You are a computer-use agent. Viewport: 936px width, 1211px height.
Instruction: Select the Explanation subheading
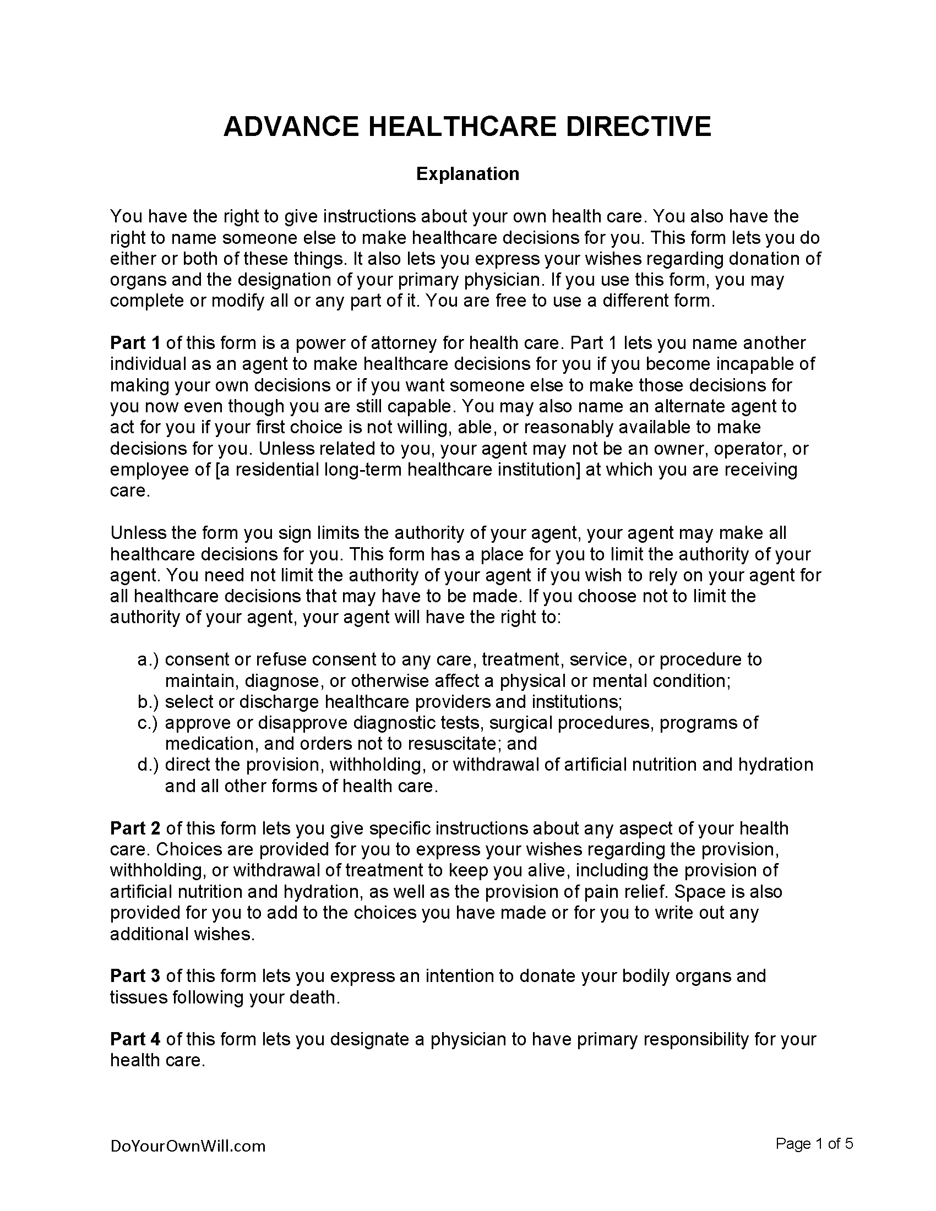[x=467, y=174]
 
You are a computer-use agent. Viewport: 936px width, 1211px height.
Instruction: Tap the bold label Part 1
[x=135, y=343]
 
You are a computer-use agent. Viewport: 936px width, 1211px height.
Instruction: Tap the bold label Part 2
[x=135, y=828]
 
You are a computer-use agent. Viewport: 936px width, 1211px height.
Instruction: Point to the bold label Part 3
[x=135, y=976]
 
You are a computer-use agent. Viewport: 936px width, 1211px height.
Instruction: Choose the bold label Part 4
[x=135, y=1039]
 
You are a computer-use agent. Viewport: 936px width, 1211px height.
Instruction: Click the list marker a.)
[x=148, y=660]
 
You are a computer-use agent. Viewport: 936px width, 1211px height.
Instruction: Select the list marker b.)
[x=148, y=702]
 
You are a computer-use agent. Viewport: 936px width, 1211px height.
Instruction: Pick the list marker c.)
[x=148, y=723]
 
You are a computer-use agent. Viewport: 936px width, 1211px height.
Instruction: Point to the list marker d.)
[x=148, y=765]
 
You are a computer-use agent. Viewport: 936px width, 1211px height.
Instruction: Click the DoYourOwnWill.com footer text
[x=188, y=1147]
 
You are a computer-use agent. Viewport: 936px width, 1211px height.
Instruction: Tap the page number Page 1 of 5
[x=814, y=1144]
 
